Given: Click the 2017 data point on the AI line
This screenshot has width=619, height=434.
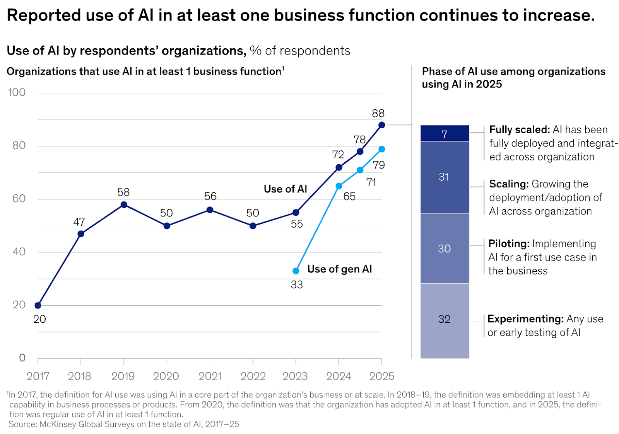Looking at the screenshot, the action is tap(38, 305).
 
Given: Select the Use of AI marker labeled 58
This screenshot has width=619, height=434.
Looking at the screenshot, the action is tap(124, 204).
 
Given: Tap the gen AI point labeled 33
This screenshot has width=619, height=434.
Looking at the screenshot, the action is tap(296, 271).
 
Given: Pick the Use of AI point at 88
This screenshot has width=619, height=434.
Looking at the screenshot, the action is tap(381, 125).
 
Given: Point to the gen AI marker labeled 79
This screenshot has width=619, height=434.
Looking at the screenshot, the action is tap(381, 149).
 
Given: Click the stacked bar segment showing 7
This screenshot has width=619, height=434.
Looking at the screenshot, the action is tap(445, 133).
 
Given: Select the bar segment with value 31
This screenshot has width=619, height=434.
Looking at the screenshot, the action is tap(445, 177).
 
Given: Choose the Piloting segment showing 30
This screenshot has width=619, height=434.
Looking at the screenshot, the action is tap(445, 249).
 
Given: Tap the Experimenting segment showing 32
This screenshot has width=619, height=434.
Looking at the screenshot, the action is tap(445, 321).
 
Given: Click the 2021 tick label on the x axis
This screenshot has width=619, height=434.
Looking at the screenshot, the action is tap(210, 376).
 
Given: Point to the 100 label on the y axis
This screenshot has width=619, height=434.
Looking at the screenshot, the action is tap(17, 92).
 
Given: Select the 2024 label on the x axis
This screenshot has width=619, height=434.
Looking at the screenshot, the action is tap(339, 376).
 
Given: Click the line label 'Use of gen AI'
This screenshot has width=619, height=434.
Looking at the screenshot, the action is tap(340, 269).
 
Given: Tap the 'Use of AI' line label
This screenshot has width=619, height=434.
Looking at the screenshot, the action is tap(286, 189).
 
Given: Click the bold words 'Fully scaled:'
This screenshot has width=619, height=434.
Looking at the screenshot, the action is tap(520, 130).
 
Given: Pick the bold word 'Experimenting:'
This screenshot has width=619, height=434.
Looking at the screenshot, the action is tap(526, 319).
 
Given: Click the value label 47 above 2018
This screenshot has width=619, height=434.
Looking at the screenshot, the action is tap(79, 222).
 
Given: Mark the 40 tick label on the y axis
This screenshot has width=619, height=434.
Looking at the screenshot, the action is tap(19, 252).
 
